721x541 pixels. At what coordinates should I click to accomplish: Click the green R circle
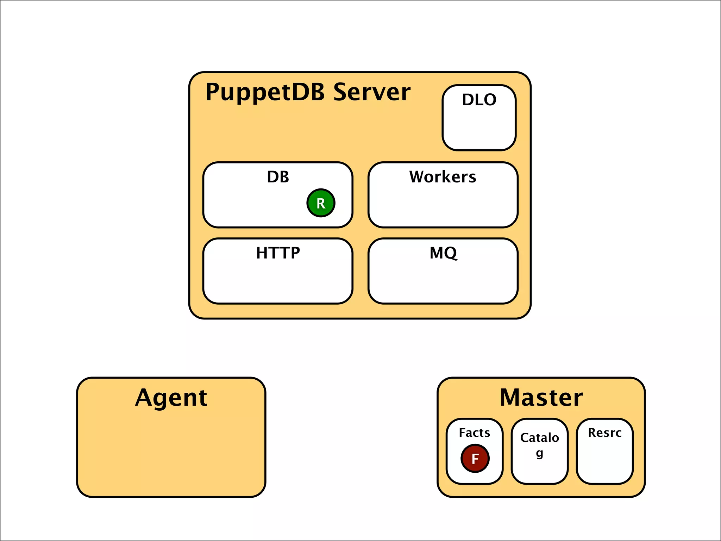pos(321,203)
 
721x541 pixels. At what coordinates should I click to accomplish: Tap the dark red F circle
pos(475,458)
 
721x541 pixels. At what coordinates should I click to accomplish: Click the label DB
pos(278,177)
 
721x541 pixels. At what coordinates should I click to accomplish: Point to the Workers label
pos(443,177)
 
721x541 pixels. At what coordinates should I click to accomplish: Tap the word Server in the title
pos(372,92)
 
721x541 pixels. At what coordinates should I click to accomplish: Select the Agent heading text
pos(171,398)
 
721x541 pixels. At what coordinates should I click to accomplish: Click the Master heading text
pos(541,398)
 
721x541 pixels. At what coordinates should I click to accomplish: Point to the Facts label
pos(474,433)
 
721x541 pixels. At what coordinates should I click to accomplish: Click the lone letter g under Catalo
pos(539,454)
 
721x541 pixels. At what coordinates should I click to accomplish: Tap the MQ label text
pos(443,253)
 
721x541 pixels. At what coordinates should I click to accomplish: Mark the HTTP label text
pos(278,253)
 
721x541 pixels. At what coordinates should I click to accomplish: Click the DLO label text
pos(479,100)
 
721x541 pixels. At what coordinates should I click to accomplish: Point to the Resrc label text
pos(604,433)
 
